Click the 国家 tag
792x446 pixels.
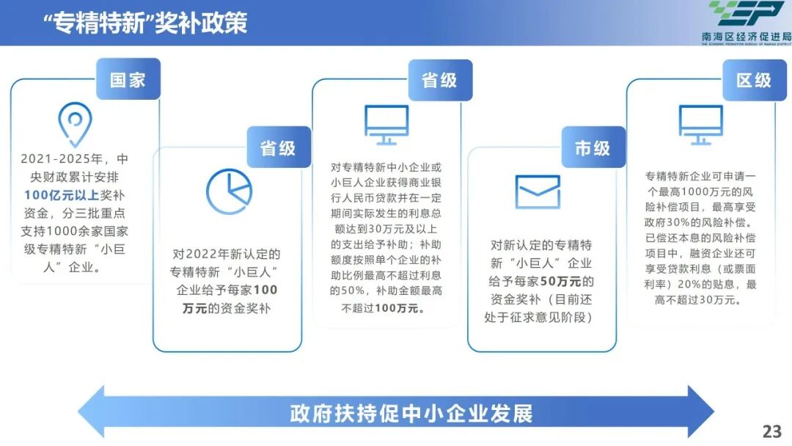[x=128, y=79]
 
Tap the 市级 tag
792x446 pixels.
[x=593, y=147]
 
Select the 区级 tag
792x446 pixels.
[x=754, y=80]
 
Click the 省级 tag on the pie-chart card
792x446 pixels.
[x=278, y=147]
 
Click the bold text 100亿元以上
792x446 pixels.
[x=61, y=195]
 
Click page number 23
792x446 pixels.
[x=771, y=431]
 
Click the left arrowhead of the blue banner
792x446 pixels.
[x=92, y=412]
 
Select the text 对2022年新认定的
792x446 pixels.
[x=227, y=255]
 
